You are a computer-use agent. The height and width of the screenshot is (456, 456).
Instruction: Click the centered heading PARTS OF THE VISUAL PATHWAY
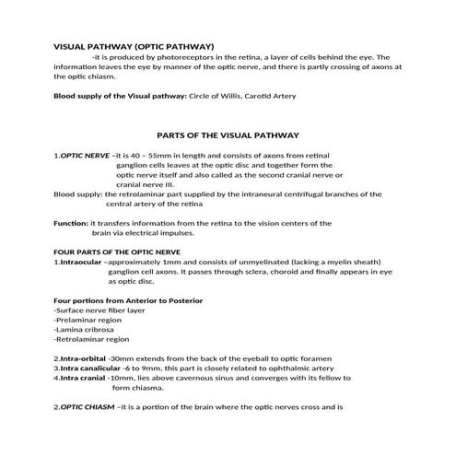[x=228, y=132]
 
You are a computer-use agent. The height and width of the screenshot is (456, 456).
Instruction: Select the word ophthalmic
[x=275, y=368]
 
